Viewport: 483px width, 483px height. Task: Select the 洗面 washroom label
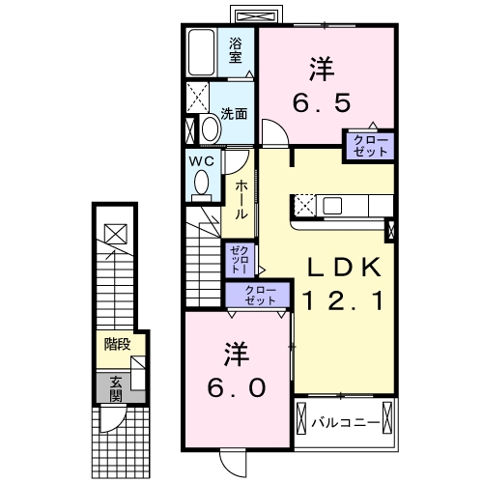click(x=234, y=113)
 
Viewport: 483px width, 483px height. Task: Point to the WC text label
click(x=201, y=159)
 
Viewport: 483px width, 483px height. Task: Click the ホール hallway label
click(x=241, y=197)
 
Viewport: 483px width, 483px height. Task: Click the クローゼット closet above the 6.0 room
click(x=258, y=295)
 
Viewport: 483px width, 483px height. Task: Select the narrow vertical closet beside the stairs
click(x=239, y=260)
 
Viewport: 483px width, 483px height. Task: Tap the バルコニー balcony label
click(x=337, y=422)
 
